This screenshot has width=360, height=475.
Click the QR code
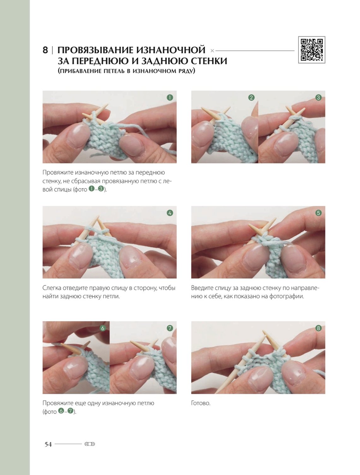[312, 50]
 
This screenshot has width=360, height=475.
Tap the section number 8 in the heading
[45, 50]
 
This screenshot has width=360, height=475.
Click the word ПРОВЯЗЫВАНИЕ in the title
[95, 50]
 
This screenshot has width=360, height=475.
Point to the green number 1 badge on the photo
[170, 98]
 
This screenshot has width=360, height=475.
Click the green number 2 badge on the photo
[251, 98]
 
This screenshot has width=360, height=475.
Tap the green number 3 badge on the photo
[318, 98]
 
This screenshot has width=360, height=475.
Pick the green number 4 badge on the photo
[170, 213]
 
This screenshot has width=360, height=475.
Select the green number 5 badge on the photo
[318, 213]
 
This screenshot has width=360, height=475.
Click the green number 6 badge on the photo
[103, 328]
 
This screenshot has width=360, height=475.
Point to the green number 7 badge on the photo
[170, 328]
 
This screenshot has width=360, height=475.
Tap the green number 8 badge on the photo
[318, 328]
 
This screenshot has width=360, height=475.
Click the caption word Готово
[201, 403]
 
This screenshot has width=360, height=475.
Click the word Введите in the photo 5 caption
[200, 288]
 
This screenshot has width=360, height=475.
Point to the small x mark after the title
[212, 51]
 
